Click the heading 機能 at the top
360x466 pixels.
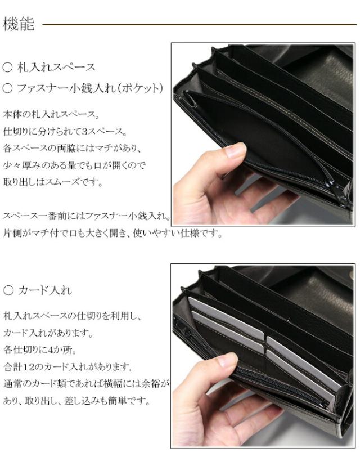pos(19,24)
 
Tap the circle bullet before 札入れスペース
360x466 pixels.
pos(8,68)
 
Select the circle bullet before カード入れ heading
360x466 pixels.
pos(8,290)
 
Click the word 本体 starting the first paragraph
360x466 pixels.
pos(12,115)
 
